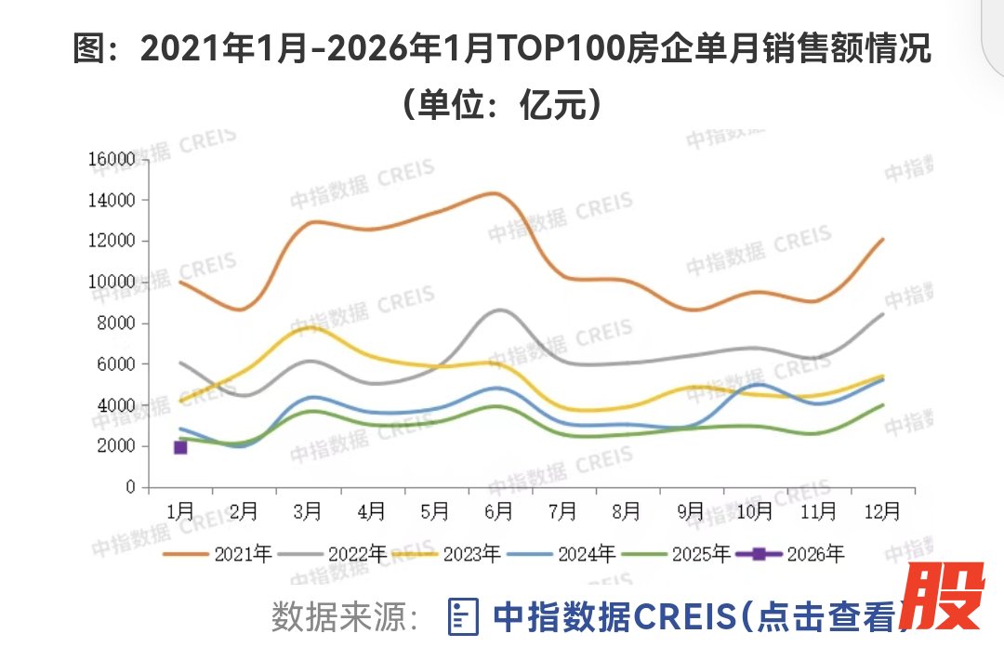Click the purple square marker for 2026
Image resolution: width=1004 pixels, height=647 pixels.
180,447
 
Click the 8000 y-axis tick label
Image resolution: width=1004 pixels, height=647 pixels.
117,323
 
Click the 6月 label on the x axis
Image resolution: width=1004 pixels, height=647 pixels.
499,510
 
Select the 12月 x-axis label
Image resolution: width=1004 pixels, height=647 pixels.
881,510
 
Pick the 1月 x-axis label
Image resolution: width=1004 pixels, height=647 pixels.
180,510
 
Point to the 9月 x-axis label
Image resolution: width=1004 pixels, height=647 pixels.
691,510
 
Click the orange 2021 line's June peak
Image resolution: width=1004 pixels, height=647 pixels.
495,193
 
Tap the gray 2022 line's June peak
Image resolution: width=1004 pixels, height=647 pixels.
499,310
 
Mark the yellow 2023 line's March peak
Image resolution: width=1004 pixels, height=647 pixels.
308,326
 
